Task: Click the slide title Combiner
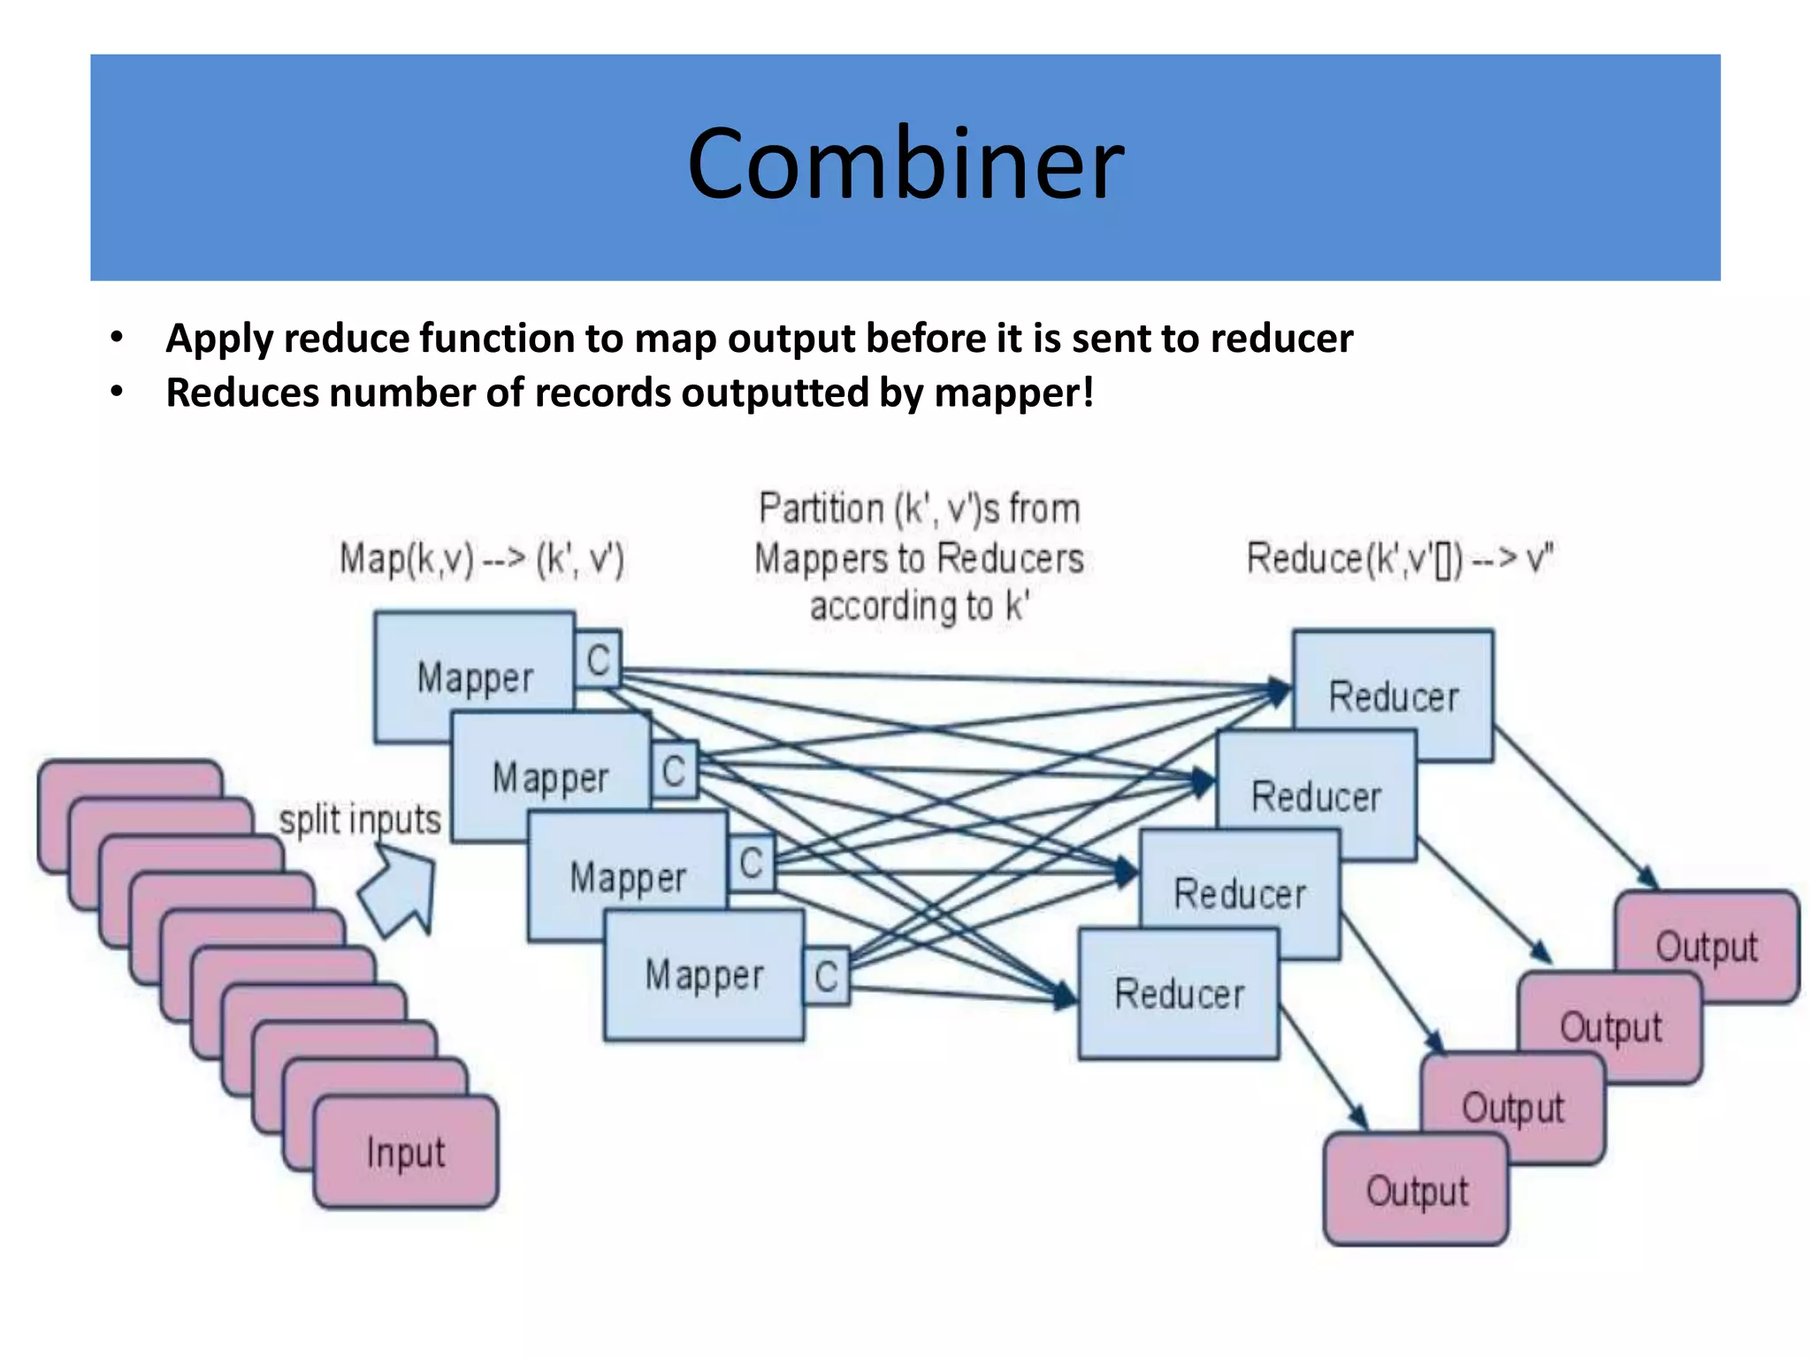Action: pos(905,164)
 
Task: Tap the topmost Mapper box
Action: pos(475,677)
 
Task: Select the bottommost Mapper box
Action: pos(704,976)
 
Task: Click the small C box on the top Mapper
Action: pos(599,660)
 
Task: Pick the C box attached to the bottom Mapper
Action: pos(827,976)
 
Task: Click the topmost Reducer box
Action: pos(1394,696)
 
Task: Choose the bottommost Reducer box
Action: pos(1179,994)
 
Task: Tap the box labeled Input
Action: pos(406,1152)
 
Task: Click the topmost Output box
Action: pos(1707,945)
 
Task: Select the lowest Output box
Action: pos(1417,1190)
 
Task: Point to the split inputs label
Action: pos(360,820)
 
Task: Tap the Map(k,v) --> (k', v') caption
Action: pos(482,560)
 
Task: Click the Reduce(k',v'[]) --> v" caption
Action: pos(1400,560)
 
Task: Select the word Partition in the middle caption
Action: pos(821,509)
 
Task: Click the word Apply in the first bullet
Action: pos(220,339)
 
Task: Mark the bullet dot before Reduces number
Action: pos(117,392)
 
